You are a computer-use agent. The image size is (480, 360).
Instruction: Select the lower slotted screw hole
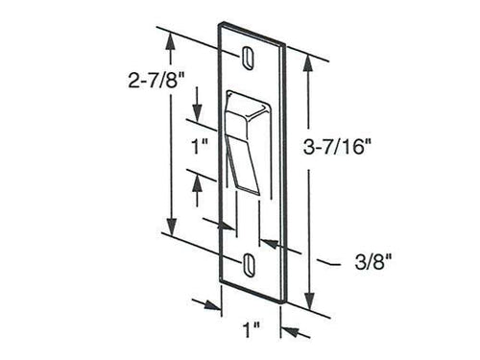(249, 264)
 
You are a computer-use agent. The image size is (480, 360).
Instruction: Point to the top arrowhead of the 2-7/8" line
(171, 37)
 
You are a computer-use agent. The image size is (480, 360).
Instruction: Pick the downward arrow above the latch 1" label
(198, 111)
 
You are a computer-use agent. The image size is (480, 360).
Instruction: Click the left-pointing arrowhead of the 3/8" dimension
(266, 244)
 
